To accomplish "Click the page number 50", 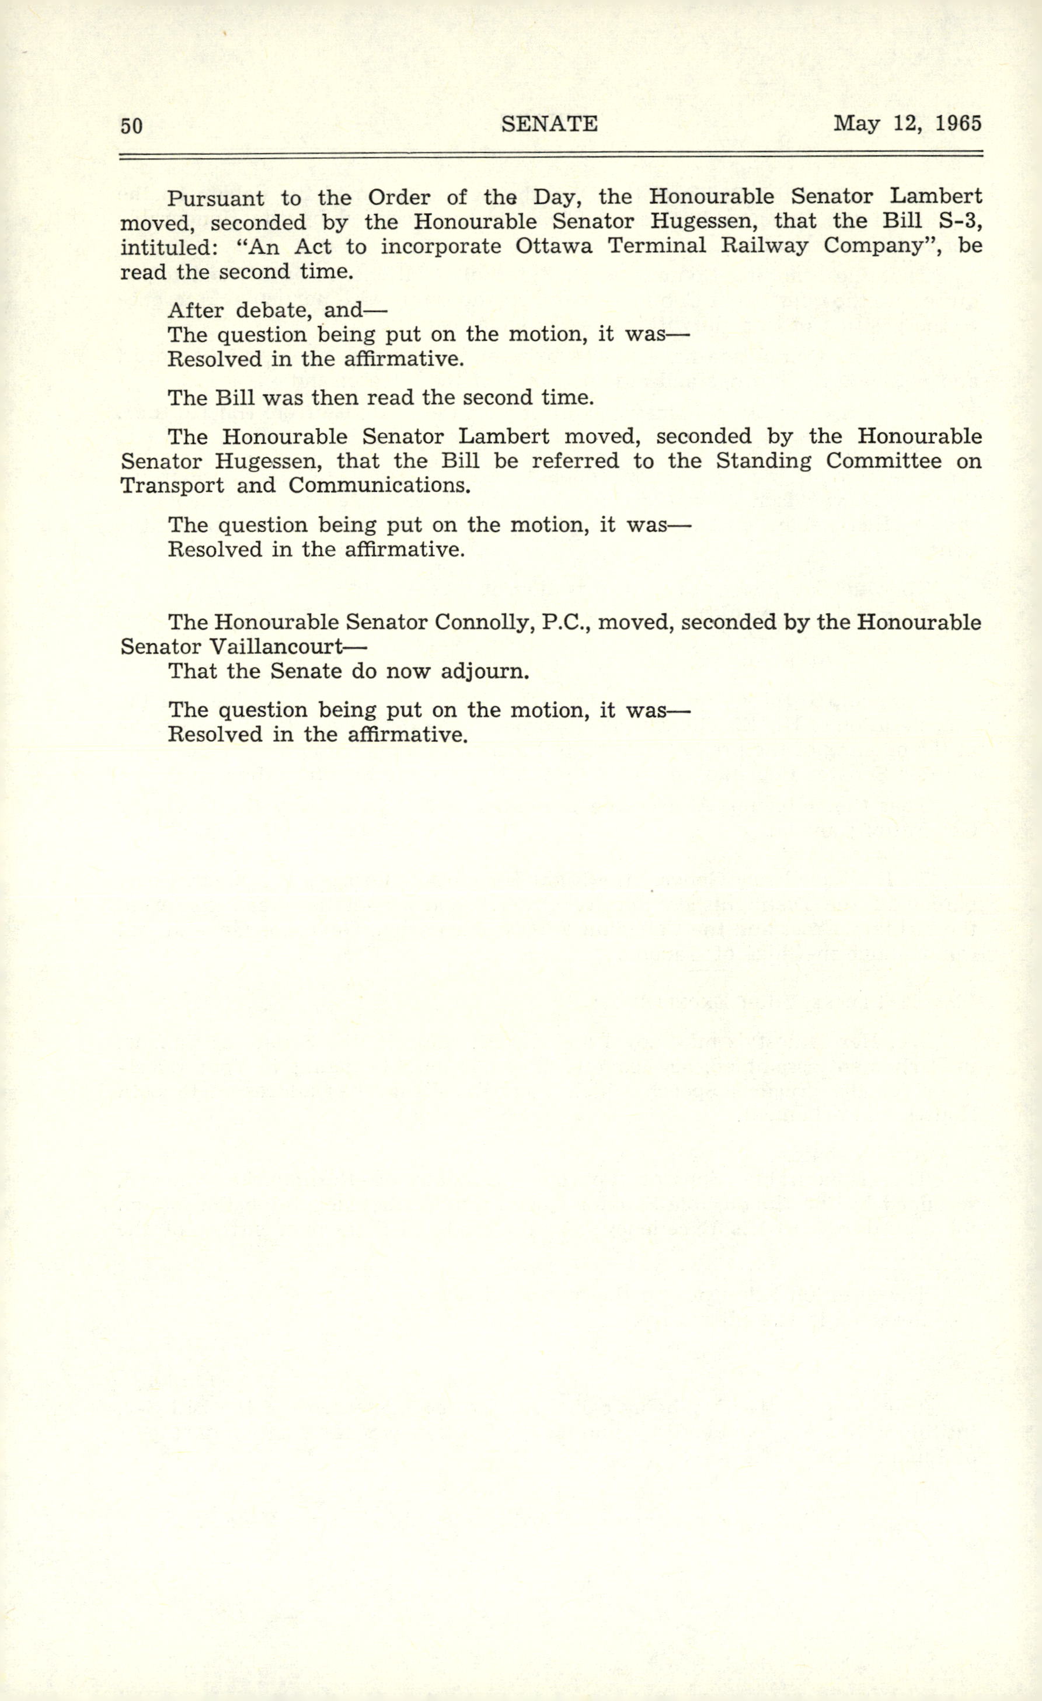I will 131,126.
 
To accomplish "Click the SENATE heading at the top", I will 549,124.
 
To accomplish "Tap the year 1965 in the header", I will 959,124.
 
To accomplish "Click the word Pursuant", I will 215,199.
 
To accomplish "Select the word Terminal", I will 656,246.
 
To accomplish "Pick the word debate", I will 274,310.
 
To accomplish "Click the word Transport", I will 172,485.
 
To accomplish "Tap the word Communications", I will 379,485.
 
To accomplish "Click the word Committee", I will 883,460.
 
